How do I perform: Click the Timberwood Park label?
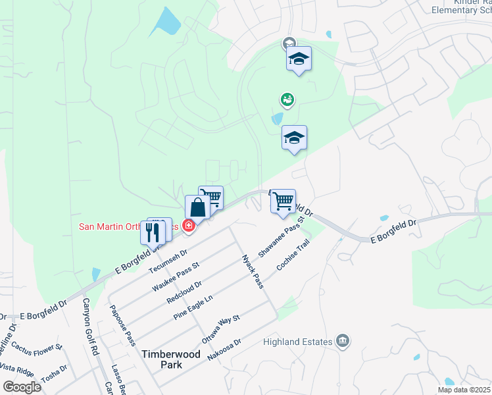click(x=171, y=359)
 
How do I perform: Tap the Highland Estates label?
click(x=299, y=341)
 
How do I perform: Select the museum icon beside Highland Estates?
click(x=343, y=340)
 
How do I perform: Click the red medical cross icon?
click(x=189, y=226)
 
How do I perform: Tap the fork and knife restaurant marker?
click(x=153, y=232)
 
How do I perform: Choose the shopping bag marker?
click(x=197, y=207)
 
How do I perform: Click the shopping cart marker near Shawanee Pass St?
click(x=283, y=201)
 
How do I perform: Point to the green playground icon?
click(x=287, y=100)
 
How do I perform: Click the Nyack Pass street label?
click(x=253, y=271)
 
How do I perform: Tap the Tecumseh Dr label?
click(x=168, y=261)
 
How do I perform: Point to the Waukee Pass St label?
click(x=175, y=276)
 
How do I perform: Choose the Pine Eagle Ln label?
click(x=193, y=307)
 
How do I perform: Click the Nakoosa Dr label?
click(x=224, y=347)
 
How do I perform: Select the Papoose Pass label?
click(x=123, y=325)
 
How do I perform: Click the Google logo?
click(x=22, y=387)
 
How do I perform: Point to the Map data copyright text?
click(x=464, y=390)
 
